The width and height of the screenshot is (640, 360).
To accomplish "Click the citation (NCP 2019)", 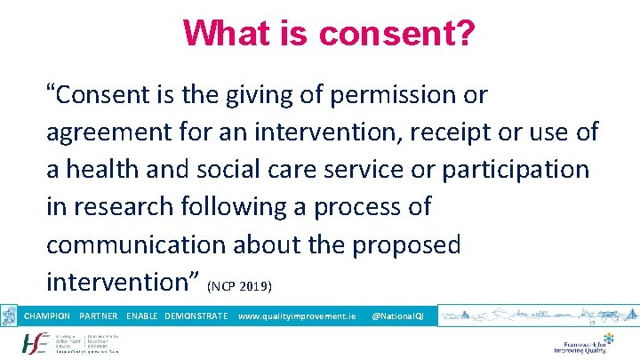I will [244, 287].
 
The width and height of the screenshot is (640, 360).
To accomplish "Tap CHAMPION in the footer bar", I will [47, 316].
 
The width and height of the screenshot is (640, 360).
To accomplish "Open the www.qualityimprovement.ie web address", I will [297, 316].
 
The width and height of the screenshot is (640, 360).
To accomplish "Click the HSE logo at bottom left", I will [36, 343].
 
